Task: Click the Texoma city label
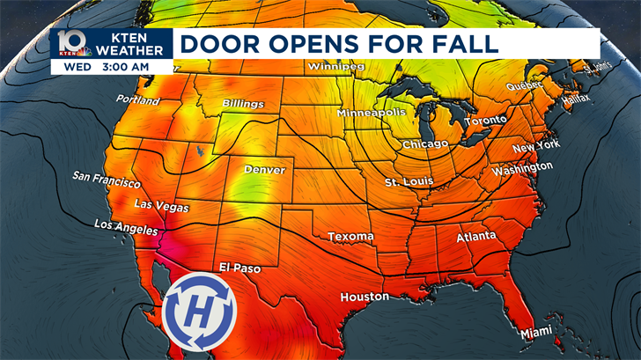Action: tap(350, 237)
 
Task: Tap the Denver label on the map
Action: tap(264, 169)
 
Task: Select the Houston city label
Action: tap(365, 298)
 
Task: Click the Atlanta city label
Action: tap(476, 238)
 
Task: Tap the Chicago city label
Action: tap(425, 143)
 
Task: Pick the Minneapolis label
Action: tap(372, 114)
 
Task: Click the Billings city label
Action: tap(243, 104)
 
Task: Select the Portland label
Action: tap(138, 101)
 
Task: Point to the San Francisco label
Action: tap(107, 180)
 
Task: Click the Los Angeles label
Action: tap(126, 227)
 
